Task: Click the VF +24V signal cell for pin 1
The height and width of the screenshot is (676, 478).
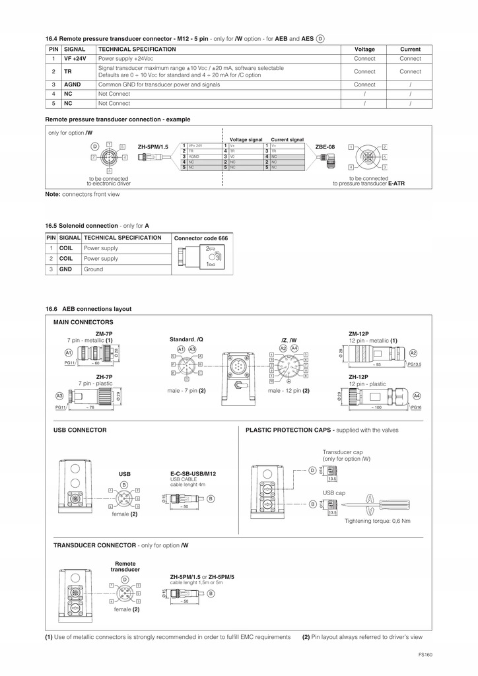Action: point(75,59)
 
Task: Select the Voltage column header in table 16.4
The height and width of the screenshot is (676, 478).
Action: point(364,50)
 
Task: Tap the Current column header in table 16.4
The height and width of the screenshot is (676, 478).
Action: point(410,50)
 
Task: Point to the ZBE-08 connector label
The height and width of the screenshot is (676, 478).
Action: point(325,147)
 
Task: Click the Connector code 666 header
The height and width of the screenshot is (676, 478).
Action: point(201,238)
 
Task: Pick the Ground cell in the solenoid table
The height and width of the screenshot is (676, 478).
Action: point(93,269)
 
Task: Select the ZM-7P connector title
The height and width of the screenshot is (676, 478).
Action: point(104,334)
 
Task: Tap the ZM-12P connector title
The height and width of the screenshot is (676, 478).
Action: point(360,334)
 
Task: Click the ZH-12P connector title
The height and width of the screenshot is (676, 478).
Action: point(360,377)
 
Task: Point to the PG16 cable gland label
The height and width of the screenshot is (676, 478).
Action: point(416,408)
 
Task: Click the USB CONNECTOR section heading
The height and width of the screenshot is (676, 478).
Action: point(80,430)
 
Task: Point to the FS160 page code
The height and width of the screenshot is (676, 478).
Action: point(425,654)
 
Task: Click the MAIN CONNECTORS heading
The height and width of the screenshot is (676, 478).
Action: point(83,322)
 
